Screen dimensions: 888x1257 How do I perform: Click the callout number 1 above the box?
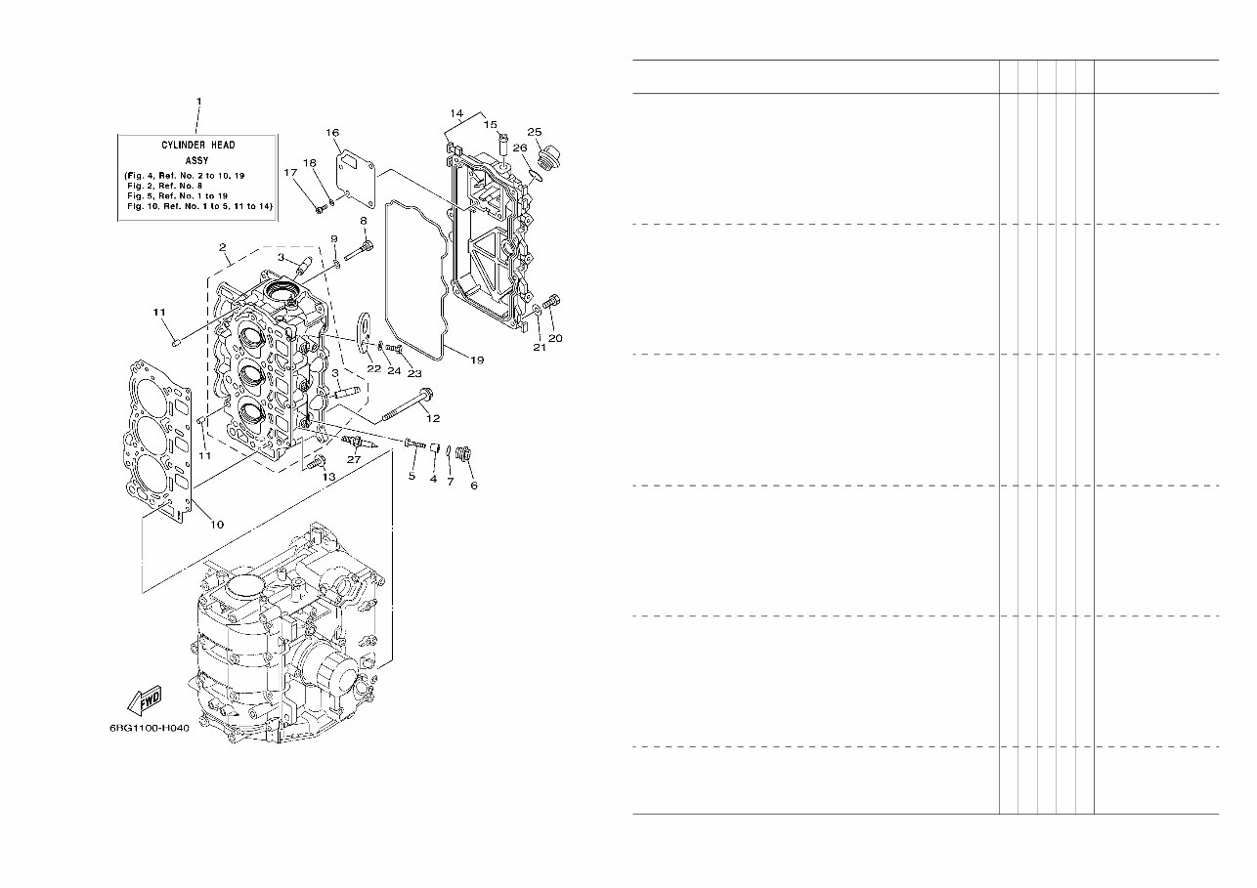click(x=198, y=102)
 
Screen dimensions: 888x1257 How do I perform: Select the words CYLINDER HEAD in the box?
click(x=198, y=145)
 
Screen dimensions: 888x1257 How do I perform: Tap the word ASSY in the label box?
click(x=198, y=159)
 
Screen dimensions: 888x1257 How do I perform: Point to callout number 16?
click(x=332, y=132)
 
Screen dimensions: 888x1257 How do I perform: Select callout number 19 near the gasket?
click(x=476, y=360)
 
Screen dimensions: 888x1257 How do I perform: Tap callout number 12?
click(x=432, y=417)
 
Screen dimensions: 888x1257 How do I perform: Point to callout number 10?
click(x=216, y=525)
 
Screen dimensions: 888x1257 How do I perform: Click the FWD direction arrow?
click(x=144, y=700)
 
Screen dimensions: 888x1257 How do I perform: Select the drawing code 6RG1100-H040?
click(x=149, y=728)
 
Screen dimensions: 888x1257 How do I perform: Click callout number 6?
click(x=474, y=486)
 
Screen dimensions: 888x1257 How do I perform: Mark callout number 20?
click(x=555, y=339)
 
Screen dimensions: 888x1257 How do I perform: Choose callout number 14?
click(x=456, y=114)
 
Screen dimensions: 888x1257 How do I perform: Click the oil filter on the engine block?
click(x=329, y=673)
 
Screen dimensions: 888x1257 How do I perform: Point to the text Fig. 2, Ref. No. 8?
click(x=166, y=186)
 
